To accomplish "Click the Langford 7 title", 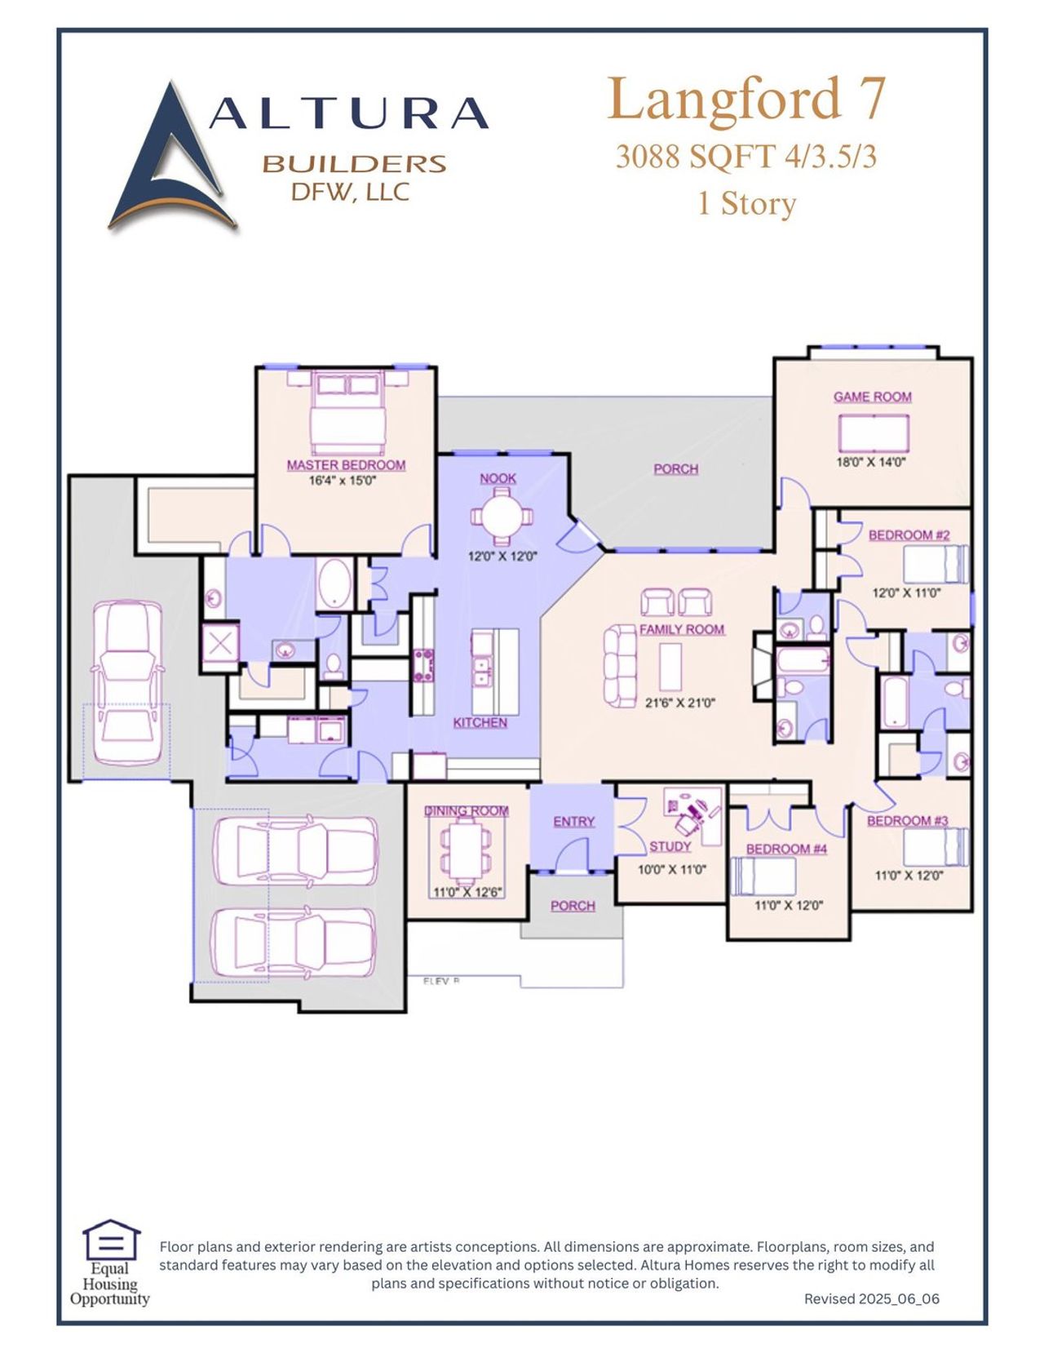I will tap(745, 99).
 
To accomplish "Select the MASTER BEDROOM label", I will tap(346, 465).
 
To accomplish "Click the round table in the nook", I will tap(498, 517).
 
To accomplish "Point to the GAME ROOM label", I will tap(872, 397).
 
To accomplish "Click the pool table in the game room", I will tap(874, 433).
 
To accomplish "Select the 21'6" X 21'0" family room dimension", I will tap(679, 703).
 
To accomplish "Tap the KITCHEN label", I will tap(480, 722).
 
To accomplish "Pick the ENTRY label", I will tap(573, 821).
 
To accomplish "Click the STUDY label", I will tap(670, 846).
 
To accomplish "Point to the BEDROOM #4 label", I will tap(786, 849).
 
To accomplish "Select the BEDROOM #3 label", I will tap(907, 820).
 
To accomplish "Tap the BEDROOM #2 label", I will tap(909, 535).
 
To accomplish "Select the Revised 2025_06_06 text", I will tap(871, 1298).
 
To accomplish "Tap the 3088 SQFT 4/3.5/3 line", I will tap(745, 156).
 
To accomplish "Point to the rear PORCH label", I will tap(675, 469).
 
